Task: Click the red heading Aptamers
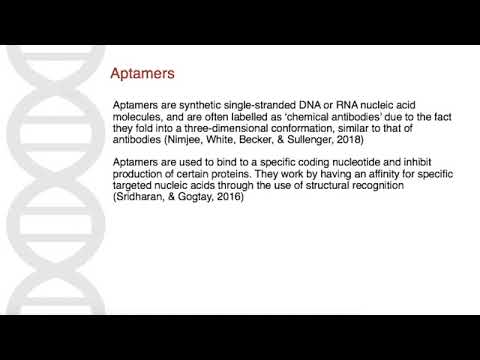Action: [x=142, y=74]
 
